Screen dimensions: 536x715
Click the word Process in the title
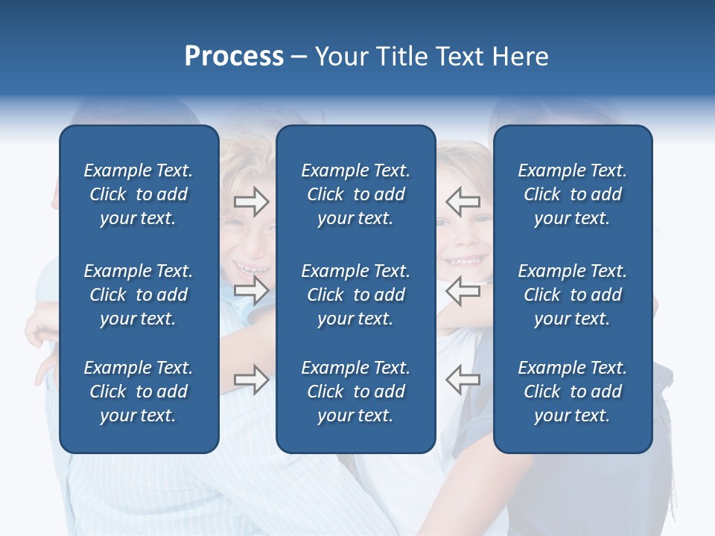[234, 57]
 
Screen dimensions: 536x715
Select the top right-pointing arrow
[251, 201]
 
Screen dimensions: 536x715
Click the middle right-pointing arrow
[251, 290]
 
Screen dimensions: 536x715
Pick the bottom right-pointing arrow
[251, 379]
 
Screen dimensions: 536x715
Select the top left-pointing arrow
[463, 201]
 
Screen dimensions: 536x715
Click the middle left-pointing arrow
[463, 290]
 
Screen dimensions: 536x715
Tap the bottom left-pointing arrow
[463, 379]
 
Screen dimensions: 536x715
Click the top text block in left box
[139, 194]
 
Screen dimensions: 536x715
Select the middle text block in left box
[139, 295]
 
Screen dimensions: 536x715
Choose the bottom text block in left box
[139, 392]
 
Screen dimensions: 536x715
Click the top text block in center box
[355, 194]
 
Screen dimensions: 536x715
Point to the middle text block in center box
[355, 295]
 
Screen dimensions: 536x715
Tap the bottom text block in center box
[355, 392]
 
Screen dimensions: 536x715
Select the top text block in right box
[573, 194]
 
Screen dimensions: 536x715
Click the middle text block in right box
[573, 295]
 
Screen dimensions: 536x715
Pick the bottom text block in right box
[573, 392]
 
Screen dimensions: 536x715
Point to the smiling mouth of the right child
[463, 261]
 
